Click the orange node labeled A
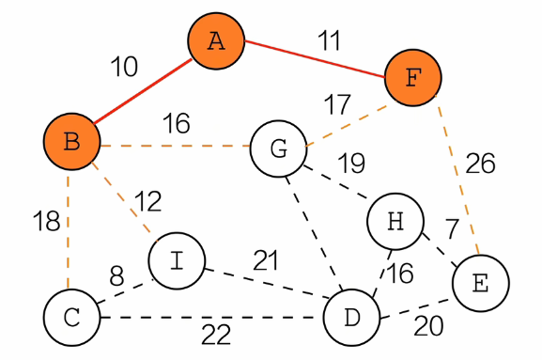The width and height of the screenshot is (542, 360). click(216, 40)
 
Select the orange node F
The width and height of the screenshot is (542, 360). click(413, 77)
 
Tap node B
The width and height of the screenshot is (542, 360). click(72, 141)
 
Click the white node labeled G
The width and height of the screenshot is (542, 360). click(278, 149)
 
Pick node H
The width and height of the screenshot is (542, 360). click(395, 221)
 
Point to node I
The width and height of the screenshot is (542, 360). click(177, 260)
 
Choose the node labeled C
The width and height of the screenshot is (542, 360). click(72, 318)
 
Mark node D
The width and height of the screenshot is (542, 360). click(352, 318)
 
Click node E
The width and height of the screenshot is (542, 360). click(480, 283)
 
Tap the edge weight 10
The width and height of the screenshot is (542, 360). click(124, 67)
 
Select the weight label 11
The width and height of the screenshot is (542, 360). click(329, 40)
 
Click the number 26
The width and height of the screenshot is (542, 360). click(480, 163)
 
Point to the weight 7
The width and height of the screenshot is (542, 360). click(452, 228)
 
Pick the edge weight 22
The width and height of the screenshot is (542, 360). click(216, 335)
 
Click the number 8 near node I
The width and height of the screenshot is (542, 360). click(116, 276)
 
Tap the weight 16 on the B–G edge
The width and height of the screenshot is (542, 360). click(177, 123)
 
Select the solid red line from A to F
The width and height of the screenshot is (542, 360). click(315, 59)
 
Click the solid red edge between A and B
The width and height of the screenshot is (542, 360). click(143, 91)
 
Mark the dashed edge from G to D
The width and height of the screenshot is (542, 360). click(314, 233)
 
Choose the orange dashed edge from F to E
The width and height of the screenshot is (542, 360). click(457, 175)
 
